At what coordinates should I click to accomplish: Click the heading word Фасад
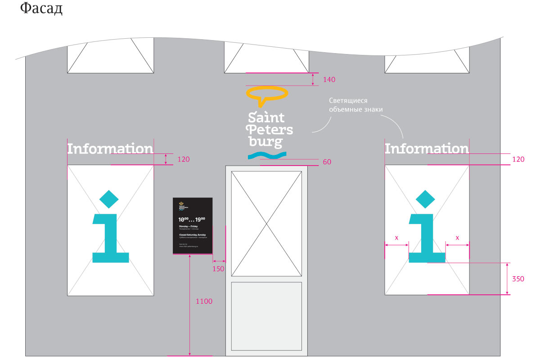(x=41, y=9)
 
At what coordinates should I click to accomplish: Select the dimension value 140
(x=329, y=80)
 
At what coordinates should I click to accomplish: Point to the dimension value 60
(x=327, y=162)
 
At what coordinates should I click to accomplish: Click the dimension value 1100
(x=204, y=301)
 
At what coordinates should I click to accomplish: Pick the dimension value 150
(x=218, y=269)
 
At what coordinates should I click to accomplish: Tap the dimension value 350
(x=518, y=279)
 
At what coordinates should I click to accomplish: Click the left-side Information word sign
(x=110, y=148)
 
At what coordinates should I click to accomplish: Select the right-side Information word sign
(x=426, y=148)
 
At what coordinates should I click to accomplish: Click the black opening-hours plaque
(x=193, y=226)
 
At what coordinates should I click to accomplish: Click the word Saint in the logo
(x=266, y=118)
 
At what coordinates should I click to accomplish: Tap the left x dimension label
(x=396, y=238)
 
